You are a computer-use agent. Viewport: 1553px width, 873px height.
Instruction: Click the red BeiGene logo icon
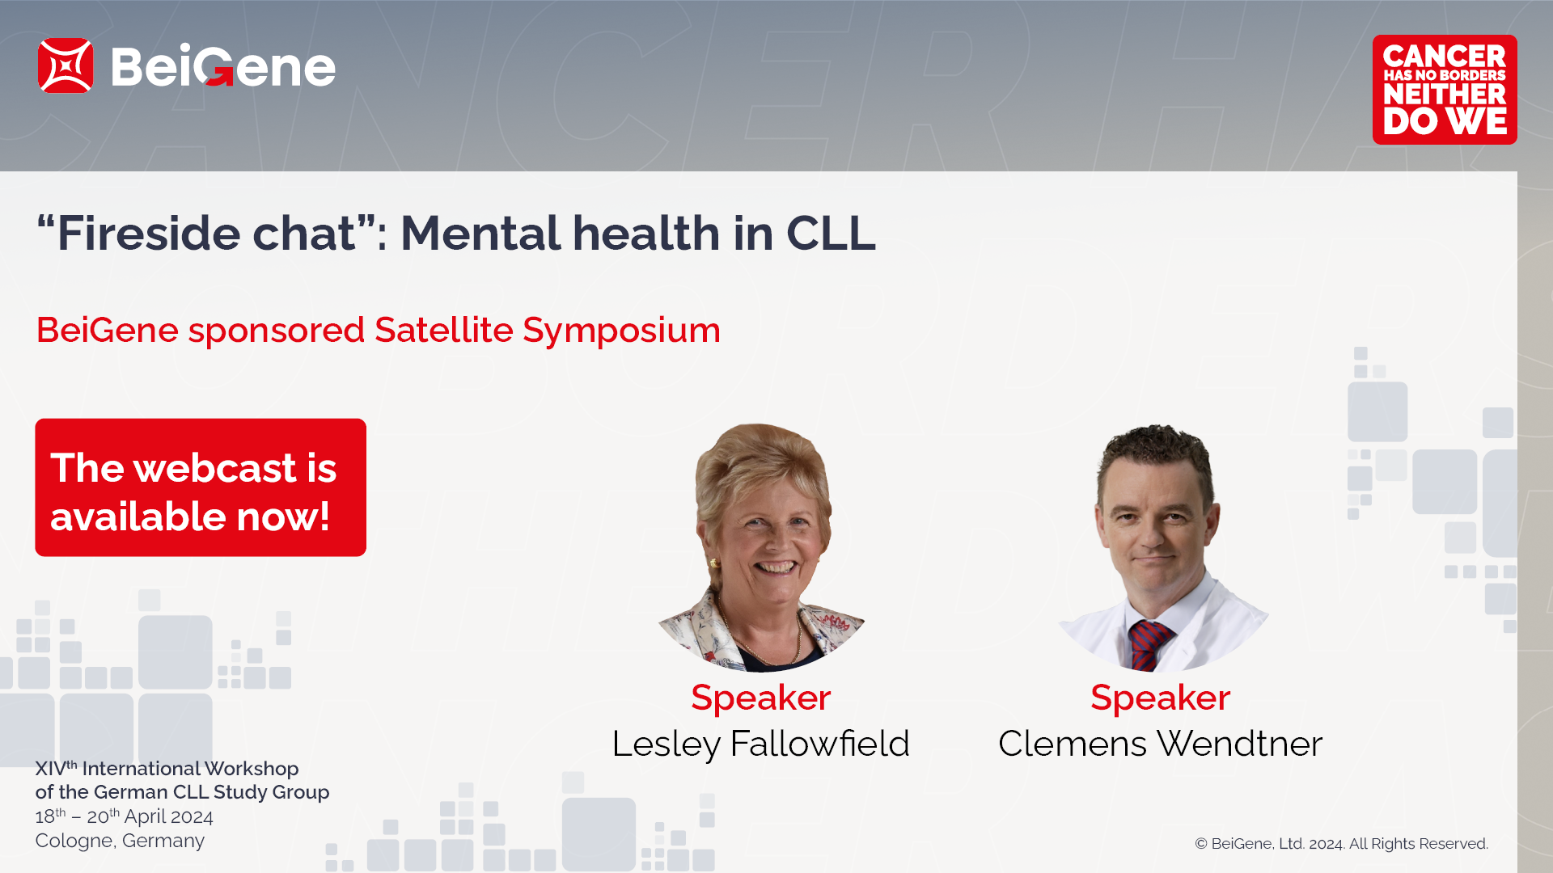pos(66,65)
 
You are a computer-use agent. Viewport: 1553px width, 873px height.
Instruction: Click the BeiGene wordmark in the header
pos(223,65)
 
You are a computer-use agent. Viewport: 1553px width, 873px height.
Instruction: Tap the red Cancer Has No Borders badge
pos(1445,90)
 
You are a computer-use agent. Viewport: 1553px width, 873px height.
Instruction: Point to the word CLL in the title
pos(831,234)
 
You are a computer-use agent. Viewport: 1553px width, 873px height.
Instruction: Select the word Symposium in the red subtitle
pos(621,331)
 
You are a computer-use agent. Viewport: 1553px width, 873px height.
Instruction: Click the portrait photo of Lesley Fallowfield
pos(761,547)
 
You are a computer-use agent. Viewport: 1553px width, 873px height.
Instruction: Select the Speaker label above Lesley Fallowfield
pos(761,698)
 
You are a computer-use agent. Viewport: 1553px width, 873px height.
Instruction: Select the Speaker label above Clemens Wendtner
pos(1160,698)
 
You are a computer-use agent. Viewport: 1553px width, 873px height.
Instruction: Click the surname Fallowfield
pos(819,744)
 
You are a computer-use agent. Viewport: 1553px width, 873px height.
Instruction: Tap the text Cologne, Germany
pos(120,841)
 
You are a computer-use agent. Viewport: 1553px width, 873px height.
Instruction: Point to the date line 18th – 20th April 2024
pos(124,816)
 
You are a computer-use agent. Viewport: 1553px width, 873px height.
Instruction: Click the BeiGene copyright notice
pos(1341,844)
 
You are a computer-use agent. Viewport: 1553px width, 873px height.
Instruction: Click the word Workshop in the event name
pos(252,769)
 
